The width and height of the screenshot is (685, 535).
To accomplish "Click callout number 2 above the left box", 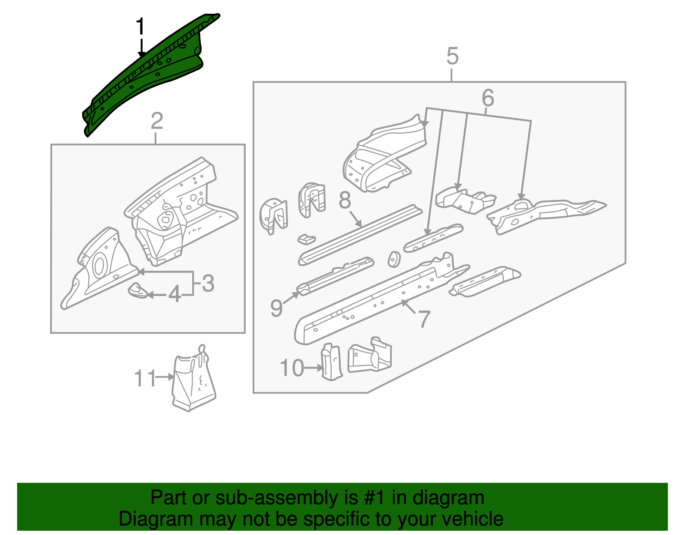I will [x=157, y=121].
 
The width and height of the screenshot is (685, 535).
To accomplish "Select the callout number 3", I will [x=208, y=284].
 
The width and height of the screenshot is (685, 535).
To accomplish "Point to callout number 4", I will [x=175, y=295].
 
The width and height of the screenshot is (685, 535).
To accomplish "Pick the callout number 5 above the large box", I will [x=452, y=57].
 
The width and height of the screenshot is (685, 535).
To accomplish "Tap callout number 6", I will [x=488, y=98].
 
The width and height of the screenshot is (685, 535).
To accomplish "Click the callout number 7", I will [x=423, y=319].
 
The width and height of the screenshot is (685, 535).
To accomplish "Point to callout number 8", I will [x=345, y=200].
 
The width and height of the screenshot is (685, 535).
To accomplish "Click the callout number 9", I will [x=277, y=308].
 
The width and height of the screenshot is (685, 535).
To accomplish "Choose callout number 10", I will [x=292, y=368].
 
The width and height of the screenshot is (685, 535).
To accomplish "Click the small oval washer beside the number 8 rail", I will [x=393, y=260].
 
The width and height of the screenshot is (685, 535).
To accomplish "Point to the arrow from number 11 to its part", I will [x=165, y=377].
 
